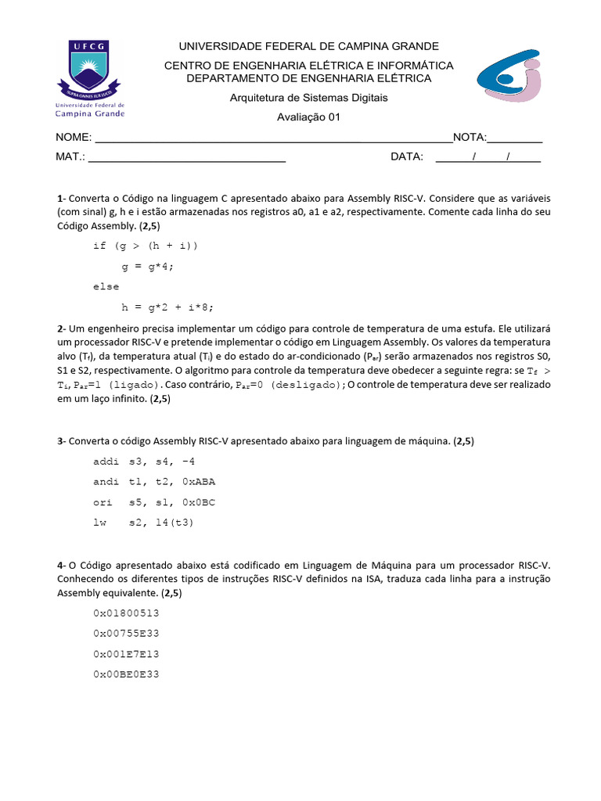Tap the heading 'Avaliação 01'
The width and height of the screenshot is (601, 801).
308,118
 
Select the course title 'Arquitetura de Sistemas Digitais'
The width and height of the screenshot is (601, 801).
308,98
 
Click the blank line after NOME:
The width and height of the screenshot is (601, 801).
272,138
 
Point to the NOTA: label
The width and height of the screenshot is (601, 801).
470,138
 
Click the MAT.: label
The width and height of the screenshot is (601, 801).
70,156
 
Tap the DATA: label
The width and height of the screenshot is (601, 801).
407,156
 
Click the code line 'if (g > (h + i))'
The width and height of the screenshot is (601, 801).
146,246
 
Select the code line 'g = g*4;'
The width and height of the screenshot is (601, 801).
147,266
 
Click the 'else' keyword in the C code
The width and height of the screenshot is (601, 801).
106,286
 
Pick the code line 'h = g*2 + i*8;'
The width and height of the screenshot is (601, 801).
167,307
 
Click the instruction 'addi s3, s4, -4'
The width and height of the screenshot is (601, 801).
144,462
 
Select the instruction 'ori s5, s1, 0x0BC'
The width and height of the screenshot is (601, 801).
154,502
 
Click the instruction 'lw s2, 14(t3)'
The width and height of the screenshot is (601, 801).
143,523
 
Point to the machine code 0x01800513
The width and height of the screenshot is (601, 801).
126,612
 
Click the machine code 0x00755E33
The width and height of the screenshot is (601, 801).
126,633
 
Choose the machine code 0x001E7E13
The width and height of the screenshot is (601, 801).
126,653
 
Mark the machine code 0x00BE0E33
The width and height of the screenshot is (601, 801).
126,673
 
